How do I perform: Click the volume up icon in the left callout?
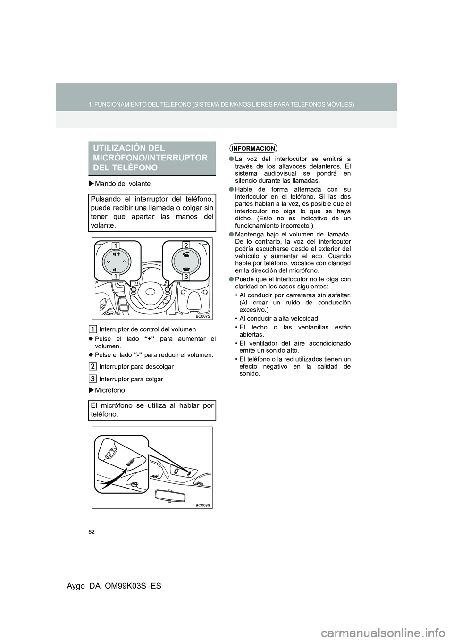[x=116, y=253]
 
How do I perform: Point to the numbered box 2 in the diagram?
[x=185, y=245]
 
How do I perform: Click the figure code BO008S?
[x=203, y=505]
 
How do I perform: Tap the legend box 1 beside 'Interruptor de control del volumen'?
[x=93, y=329]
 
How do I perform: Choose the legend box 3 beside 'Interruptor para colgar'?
[x=93, y=379]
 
